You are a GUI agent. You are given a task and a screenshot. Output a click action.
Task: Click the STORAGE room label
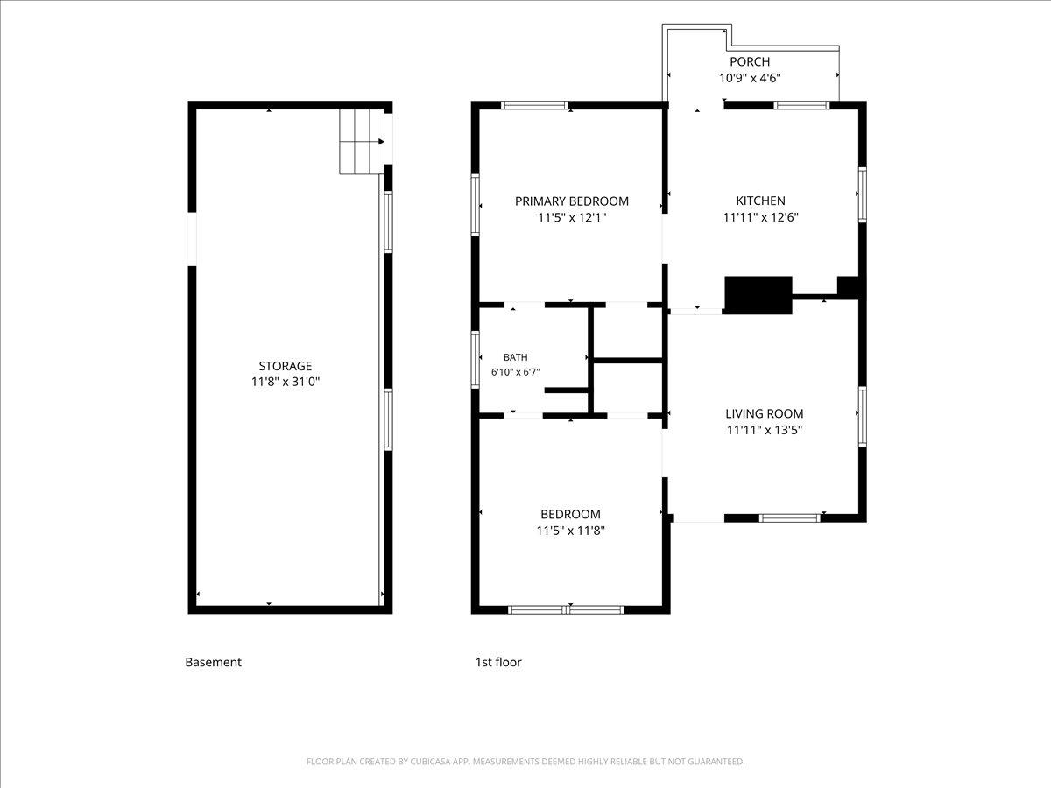[286, 366]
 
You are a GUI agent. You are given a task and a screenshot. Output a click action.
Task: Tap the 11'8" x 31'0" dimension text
[286, 382]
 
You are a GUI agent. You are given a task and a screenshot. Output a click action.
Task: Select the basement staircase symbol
[362, 142]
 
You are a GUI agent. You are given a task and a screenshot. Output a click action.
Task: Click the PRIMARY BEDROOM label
[572, 201]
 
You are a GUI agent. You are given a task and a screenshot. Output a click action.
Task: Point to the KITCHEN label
[760, 201]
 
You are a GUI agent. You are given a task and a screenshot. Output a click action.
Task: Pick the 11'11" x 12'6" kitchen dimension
[760, 217]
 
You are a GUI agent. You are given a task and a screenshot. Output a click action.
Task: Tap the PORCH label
[750, 61]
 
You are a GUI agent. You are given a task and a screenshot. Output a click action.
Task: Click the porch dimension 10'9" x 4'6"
[750, 78]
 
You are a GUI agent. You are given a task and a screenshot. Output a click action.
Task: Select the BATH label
[516, 357]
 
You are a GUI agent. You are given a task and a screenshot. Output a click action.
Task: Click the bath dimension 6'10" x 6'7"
[516, 372]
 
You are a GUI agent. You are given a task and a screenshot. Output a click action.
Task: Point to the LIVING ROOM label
[765, 413]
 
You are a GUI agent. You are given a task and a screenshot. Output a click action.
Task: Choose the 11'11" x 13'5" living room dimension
[765, 430]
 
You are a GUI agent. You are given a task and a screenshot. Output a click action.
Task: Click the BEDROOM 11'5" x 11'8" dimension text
[570, 531]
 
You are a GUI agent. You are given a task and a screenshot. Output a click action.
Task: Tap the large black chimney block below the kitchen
[758, 295]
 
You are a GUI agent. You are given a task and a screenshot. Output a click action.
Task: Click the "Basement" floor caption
[214, 662]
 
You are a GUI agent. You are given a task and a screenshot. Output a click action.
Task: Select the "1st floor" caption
[498, 662]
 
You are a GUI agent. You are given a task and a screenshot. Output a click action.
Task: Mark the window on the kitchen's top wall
[801, 105]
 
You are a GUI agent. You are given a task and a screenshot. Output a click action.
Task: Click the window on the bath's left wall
[475, 360]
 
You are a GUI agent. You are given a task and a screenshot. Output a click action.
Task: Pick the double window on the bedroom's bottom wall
[566, 609]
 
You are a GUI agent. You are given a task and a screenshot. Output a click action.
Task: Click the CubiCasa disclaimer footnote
[525, 761]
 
